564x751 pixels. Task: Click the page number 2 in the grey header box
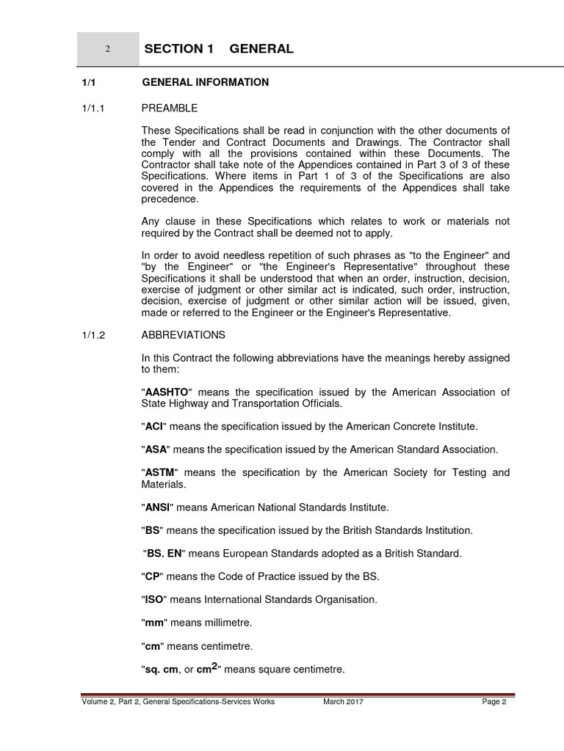pyautogui.click(x=107, y=49)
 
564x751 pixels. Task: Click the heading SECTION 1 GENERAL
pyautogui.click(x=219, y=49)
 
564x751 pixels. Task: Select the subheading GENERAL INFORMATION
pyautogui.click(x=205, y=82)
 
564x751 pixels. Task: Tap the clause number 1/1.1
pyautogui.click(x=94, y=109)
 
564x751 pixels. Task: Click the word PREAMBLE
pyautogui.click(x=170, y=109)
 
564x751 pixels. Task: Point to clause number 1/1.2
pyautogui.click(x=94, y=335)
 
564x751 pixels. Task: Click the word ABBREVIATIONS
pyautogui.click(x=184, y=335)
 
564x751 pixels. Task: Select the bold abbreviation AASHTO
pyautogui.click(x=167, y=392)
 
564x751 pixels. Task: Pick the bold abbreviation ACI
pyautogui.click(x=154, y=426)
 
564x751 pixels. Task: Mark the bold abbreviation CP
pyautogui.click(x=152, y=576)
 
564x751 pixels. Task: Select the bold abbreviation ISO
pyautogui.click(x=153, y=600)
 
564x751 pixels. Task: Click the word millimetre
pyautogui.click(x=227, y=623)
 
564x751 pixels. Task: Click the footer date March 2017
pyautogui.click(x=343, y=702)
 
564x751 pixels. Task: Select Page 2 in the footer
pyautogui.click(x=494, y=702)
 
